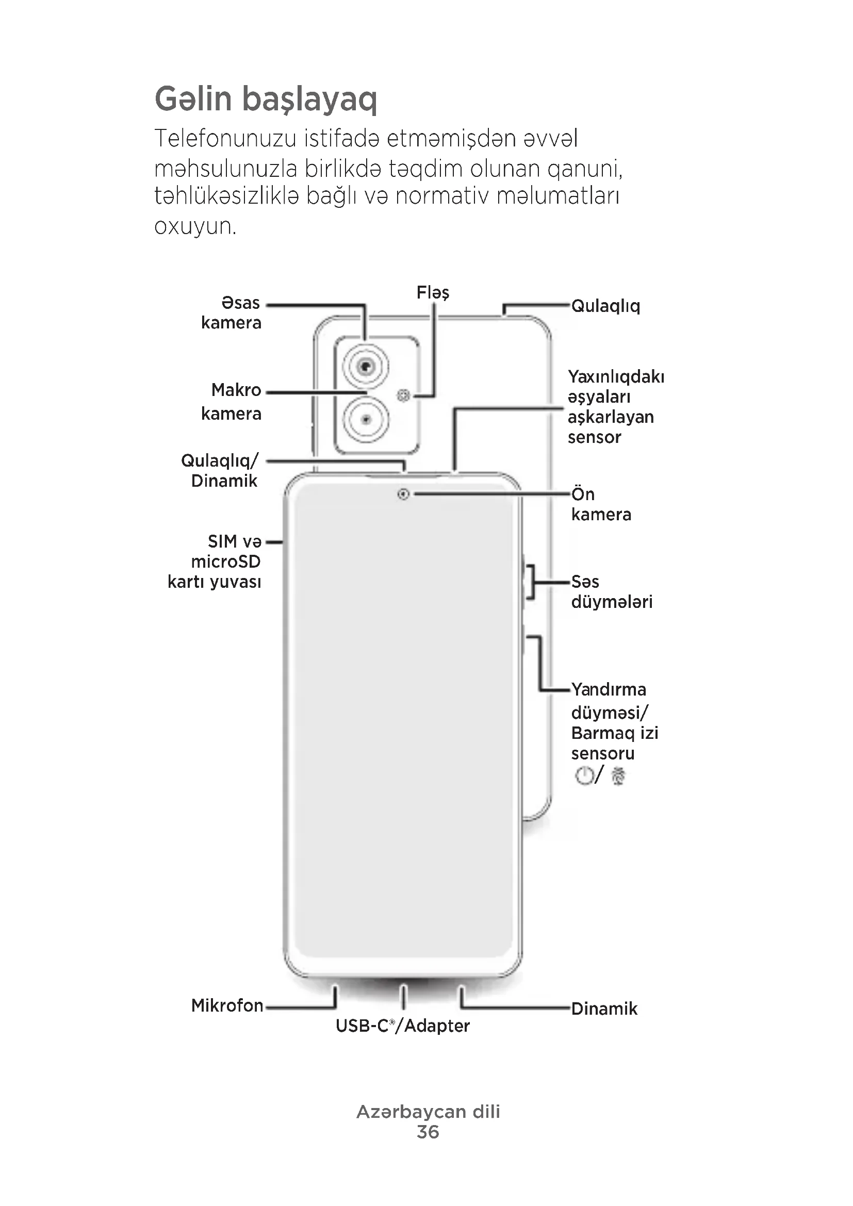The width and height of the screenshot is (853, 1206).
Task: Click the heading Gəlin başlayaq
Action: click(x=266, y=100)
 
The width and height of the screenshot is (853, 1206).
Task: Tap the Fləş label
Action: click(x=432, y=292)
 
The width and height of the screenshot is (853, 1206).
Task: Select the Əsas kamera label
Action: click(x=232, y=312)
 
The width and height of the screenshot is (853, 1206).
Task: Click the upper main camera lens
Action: click(x=366, y=366)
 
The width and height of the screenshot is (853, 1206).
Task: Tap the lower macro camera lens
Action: click(x=366, y=419)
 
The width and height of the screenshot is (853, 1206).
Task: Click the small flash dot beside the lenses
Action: click(x=403, y=395)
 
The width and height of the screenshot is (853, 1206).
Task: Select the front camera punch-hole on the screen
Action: click(x=403, y=494)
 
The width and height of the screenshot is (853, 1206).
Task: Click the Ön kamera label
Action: click(x=600, y=504)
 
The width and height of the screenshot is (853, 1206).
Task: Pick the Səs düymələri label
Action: click(x=612, y=591)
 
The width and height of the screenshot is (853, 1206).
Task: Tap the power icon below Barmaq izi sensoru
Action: click(x=584, y=775)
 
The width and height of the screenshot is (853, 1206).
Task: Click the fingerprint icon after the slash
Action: click(x=618, y=776)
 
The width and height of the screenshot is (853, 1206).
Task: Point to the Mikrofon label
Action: click(x=227, y=1005)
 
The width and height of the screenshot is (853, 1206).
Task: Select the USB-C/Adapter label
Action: click(x=402, y=1026)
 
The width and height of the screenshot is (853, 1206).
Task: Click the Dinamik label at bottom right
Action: click(x=604, y=1009)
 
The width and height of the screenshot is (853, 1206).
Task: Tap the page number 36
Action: click(x=428, y=1132)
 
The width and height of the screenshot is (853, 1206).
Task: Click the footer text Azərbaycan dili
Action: click(x=428, y=1112)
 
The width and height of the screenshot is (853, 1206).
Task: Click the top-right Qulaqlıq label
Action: click(x=605, y=306)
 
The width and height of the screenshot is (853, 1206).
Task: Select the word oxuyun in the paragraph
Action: click(x=195, y=226)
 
